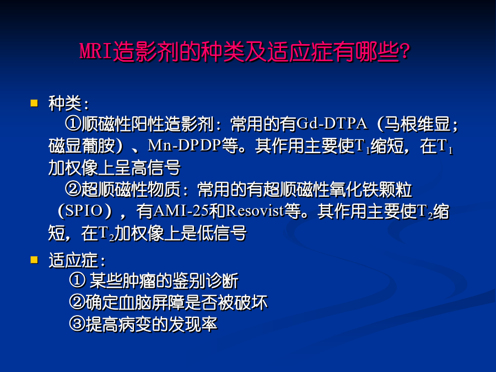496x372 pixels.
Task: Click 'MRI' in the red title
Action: click(96, 51)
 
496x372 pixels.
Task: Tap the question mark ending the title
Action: click(405, 52)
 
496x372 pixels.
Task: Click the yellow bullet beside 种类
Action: click(34, 103)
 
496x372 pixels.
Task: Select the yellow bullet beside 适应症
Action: click(34, 260)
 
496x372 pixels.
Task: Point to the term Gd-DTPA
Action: click(332, 123)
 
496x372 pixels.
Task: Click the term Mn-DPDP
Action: click(184, 145)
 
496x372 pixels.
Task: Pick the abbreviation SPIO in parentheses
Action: click(84, 211)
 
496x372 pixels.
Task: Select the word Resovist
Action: click(255, 211)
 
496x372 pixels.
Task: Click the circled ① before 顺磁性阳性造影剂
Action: click(73, 123)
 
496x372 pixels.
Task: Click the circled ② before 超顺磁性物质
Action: click(73, 189)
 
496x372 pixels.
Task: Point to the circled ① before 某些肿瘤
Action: click(77, 281)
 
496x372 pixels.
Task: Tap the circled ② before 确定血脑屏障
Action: click(77, 302)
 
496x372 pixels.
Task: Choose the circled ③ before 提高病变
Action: click(77, 324)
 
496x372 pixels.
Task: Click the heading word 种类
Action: click(65, 104)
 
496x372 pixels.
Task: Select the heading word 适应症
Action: click(73, 260)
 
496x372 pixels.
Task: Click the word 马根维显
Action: click(417, 123)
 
